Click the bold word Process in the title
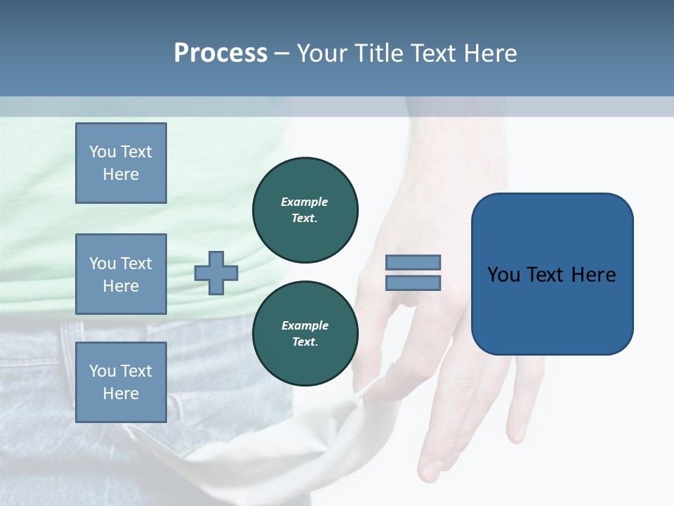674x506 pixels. [220, 53]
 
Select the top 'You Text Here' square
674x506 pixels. [121, 163]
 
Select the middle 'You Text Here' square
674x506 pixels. [121, 274]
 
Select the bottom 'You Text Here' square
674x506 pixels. [121, 382]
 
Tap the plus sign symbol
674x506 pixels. [216, 273]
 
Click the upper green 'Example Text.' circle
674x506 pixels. [305, 210]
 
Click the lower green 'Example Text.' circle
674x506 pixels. [305, 334]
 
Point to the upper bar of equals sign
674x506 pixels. [413, 262]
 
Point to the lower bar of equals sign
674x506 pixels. [413, 283]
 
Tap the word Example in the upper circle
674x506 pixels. [305, 202]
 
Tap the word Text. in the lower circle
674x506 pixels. [305, 342]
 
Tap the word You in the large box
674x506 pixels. [503, 275]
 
